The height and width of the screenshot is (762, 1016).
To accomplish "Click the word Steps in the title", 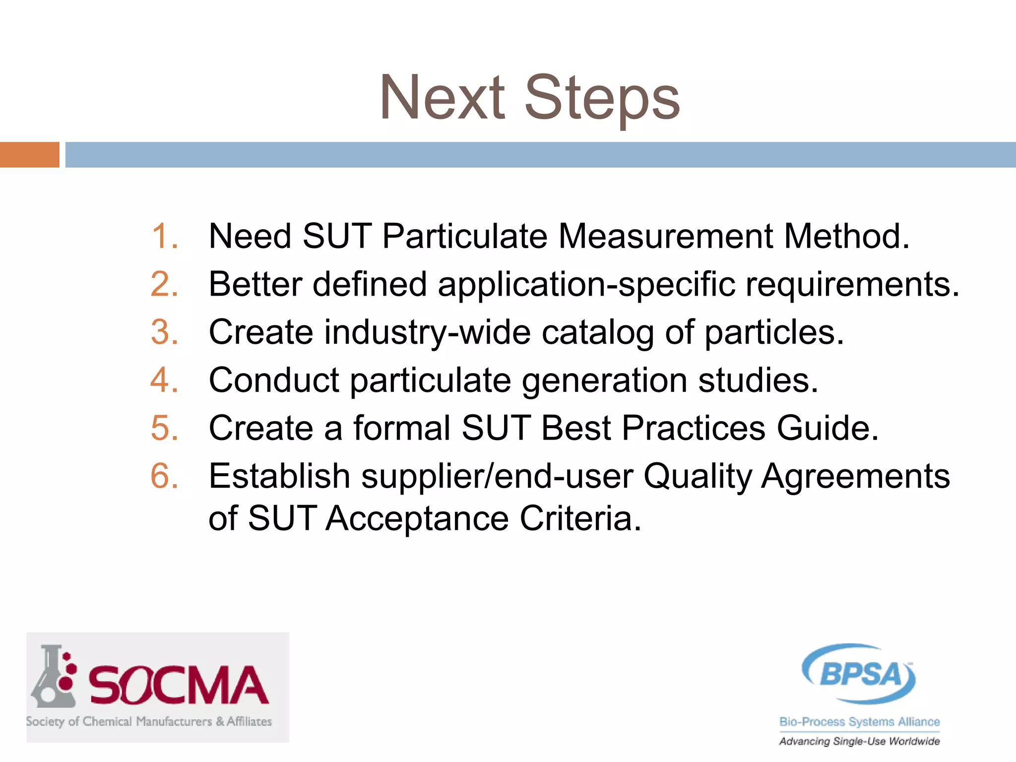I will click(x=602, y=98).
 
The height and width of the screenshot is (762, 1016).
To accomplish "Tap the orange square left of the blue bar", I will click(x=29, y=155).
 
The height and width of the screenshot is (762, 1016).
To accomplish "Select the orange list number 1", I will click(x=164, y=236).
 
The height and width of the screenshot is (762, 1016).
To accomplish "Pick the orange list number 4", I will click(x=164, y=381).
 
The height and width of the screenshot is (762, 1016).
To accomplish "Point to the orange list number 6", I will click(x=164, y=476).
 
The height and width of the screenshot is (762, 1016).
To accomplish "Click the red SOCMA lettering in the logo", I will click(x=179, y=686).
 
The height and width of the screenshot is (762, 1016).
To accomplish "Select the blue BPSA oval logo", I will click(x=859, y=674).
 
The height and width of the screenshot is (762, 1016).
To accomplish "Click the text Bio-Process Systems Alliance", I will click(x=859, y=722).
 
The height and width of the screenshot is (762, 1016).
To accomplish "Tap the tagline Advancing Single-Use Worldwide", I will click(x=859, y=741).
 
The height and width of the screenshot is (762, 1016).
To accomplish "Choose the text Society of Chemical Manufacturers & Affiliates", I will click(x=149, y=721).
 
